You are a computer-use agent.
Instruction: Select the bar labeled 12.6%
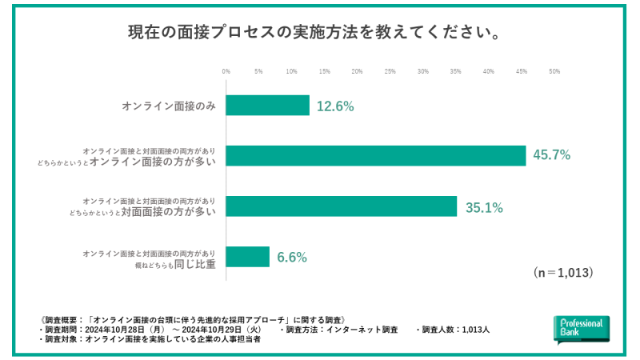[268, 106]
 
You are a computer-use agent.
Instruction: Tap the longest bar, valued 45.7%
[376, 155]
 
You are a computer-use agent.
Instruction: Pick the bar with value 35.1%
[342, 206]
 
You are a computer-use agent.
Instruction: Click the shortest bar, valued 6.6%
[248, 257]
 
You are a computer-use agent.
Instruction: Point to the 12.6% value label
[335, 106]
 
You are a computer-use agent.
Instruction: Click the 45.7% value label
[551, 155]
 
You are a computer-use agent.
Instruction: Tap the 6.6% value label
[292, 257]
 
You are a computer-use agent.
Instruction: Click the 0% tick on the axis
[226, 72]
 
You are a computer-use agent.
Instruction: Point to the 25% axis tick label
[390, 72]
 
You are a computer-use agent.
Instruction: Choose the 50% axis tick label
[554, 72]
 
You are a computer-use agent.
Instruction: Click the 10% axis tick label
[292, 72]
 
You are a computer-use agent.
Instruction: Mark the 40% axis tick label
[488, 72]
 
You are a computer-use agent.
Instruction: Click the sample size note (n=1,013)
[562, 273]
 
